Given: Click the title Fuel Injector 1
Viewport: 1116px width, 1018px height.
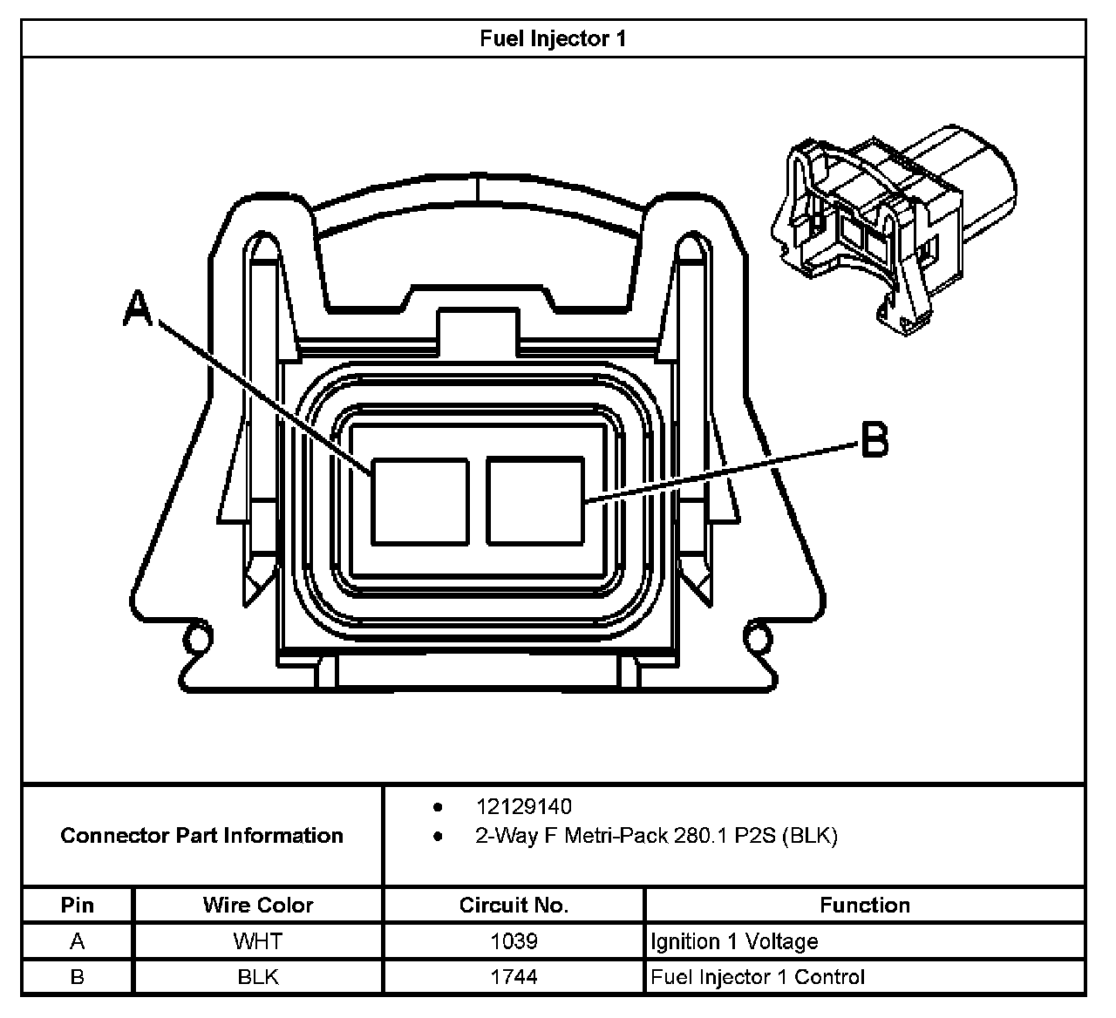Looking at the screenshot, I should (553, 39).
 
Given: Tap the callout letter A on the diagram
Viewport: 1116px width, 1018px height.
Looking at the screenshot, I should (138, 309).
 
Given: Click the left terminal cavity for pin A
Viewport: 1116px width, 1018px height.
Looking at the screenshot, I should (420, 501).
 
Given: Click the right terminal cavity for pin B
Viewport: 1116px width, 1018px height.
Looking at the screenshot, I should (534, 501).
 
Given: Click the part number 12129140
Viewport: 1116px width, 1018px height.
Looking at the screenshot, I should (523, 807).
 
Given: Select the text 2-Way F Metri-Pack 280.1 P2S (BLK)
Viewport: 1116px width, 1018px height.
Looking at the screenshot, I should (656, 836).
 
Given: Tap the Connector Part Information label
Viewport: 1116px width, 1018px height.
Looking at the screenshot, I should (201, 836).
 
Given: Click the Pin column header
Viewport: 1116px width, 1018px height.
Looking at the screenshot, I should (78, 905).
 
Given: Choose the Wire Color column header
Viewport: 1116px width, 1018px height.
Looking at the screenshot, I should (258, 905).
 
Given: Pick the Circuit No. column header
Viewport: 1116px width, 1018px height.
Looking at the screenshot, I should (514, 905).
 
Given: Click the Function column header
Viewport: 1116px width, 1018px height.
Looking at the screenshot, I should (864, 905).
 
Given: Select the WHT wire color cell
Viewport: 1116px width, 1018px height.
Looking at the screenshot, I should (258, 941).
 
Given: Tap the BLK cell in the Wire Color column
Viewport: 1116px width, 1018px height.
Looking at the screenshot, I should (258, 977).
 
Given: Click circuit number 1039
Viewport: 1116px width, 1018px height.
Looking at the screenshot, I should (514, 941).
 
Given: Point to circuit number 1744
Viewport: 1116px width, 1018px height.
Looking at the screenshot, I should (514, 977).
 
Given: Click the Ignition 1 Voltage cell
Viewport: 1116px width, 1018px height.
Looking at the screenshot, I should (734, 941).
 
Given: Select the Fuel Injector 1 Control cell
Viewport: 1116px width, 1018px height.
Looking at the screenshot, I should (758, 977).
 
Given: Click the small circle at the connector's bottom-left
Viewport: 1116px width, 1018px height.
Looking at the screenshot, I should (198, 639).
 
